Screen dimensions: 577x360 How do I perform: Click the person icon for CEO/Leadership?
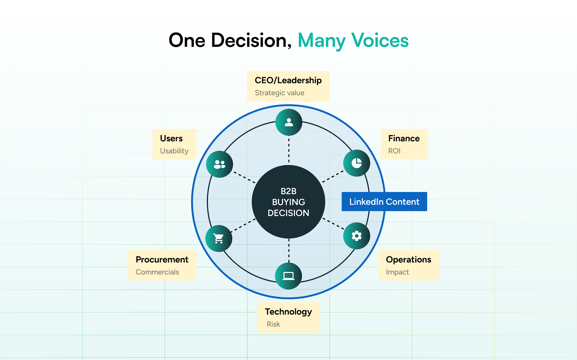(289, 122)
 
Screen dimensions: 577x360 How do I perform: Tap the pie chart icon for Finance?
(357, 163)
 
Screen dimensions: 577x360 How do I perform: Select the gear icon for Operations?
(357, 236)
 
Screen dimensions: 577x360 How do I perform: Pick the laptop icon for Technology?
(288, 276)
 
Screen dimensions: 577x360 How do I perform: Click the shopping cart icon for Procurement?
(219, 238)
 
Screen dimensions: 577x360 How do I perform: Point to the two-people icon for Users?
(219, 164)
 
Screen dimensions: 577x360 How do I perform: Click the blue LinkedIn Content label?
(384, 202)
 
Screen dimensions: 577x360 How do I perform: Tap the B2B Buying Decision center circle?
(288, 202)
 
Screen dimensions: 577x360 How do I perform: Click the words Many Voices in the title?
(353, 41)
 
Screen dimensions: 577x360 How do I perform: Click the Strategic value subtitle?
(279, 93)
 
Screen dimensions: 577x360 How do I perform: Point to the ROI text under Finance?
(394, 151)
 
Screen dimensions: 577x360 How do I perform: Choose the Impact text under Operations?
(397, 272)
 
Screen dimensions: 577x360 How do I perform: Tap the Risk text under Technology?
(273, 324)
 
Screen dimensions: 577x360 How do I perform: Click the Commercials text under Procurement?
(157, 272)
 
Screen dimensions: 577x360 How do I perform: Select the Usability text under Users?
(174, 151)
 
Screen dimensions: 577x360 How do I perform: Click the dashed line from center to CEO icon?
(289, 150)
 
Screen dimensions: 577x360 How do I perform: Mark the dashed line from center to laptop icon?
(289, 251)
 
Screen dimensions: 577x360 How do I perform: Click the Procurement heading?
(162, 259)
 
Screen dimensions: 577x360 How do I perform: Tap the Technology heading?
(288, 312)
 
